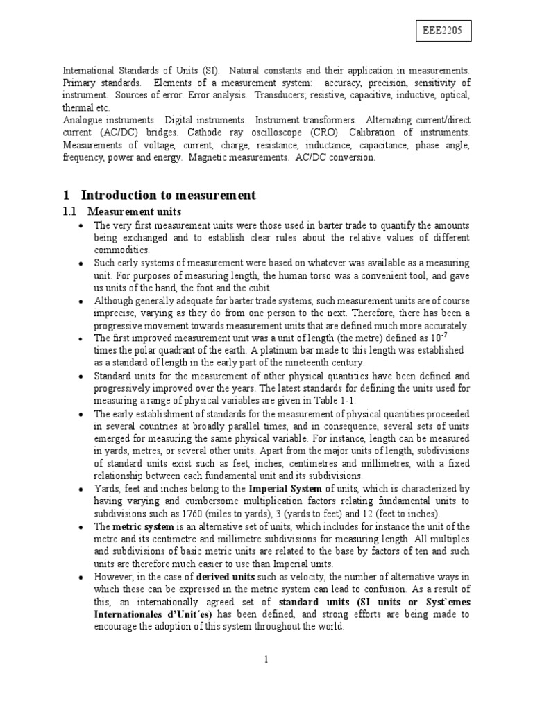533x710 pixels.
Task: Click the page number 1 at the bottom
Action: click(x=266, y=659)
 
